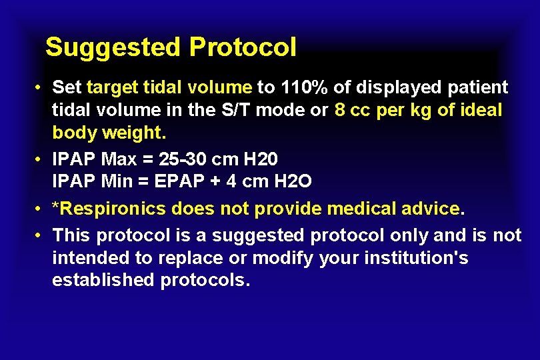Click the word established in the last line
(x=103, y=280)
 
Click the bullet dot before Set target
(x=40, y=88)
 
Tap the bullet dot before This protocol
(x=40, y=235)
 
